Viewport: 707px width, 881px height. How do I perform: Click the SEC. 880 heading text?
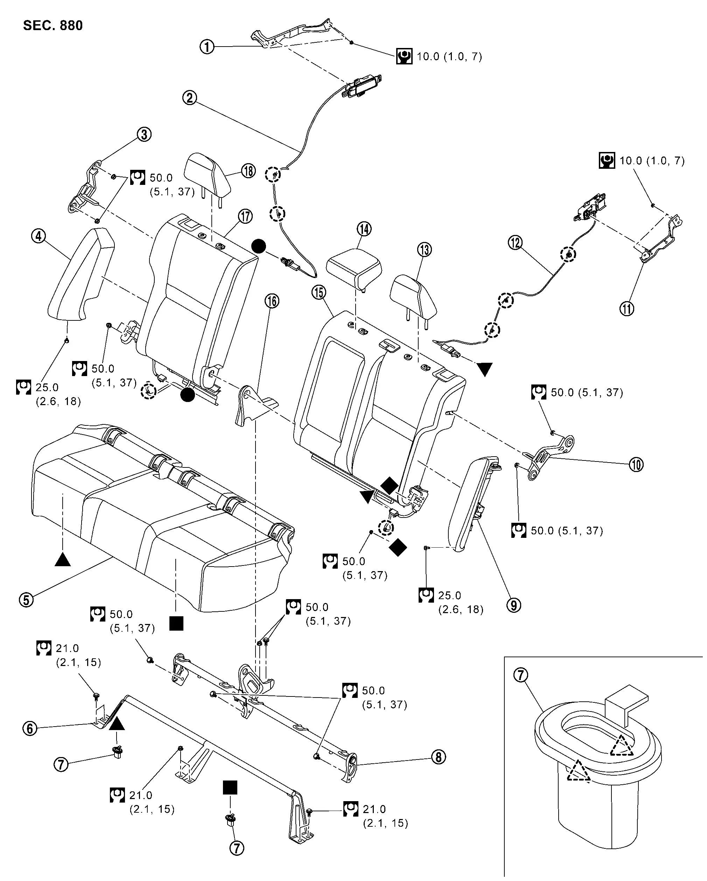click(53, 25)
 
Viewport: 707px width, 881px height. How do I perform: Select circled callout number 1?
click(207, 47)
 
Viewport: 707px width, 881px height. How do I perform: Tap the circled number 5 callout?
click(27, 599)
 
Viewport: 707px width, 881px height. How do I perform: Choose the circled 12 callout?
click(515, 243)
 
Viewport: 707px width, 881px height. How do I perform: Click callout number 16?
click(272, 301)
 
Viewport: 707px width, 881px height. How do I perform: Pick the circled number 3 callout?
click(144, 134)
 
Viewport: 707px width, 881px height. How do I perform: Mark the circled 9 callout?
click(514, 605)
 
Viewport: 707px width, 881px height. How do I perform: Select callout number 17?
click(245, 216)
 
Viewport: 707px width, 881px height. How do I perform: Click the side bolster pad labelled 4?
click(80, 274)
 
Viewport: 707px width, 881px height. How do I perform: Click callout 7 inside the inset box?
click(520, 675)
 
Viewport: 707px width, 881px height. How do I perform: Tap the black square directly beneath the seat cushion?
click(176, 624)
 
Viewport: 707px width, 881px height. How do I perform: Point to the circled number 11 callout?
click(627, 308)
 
